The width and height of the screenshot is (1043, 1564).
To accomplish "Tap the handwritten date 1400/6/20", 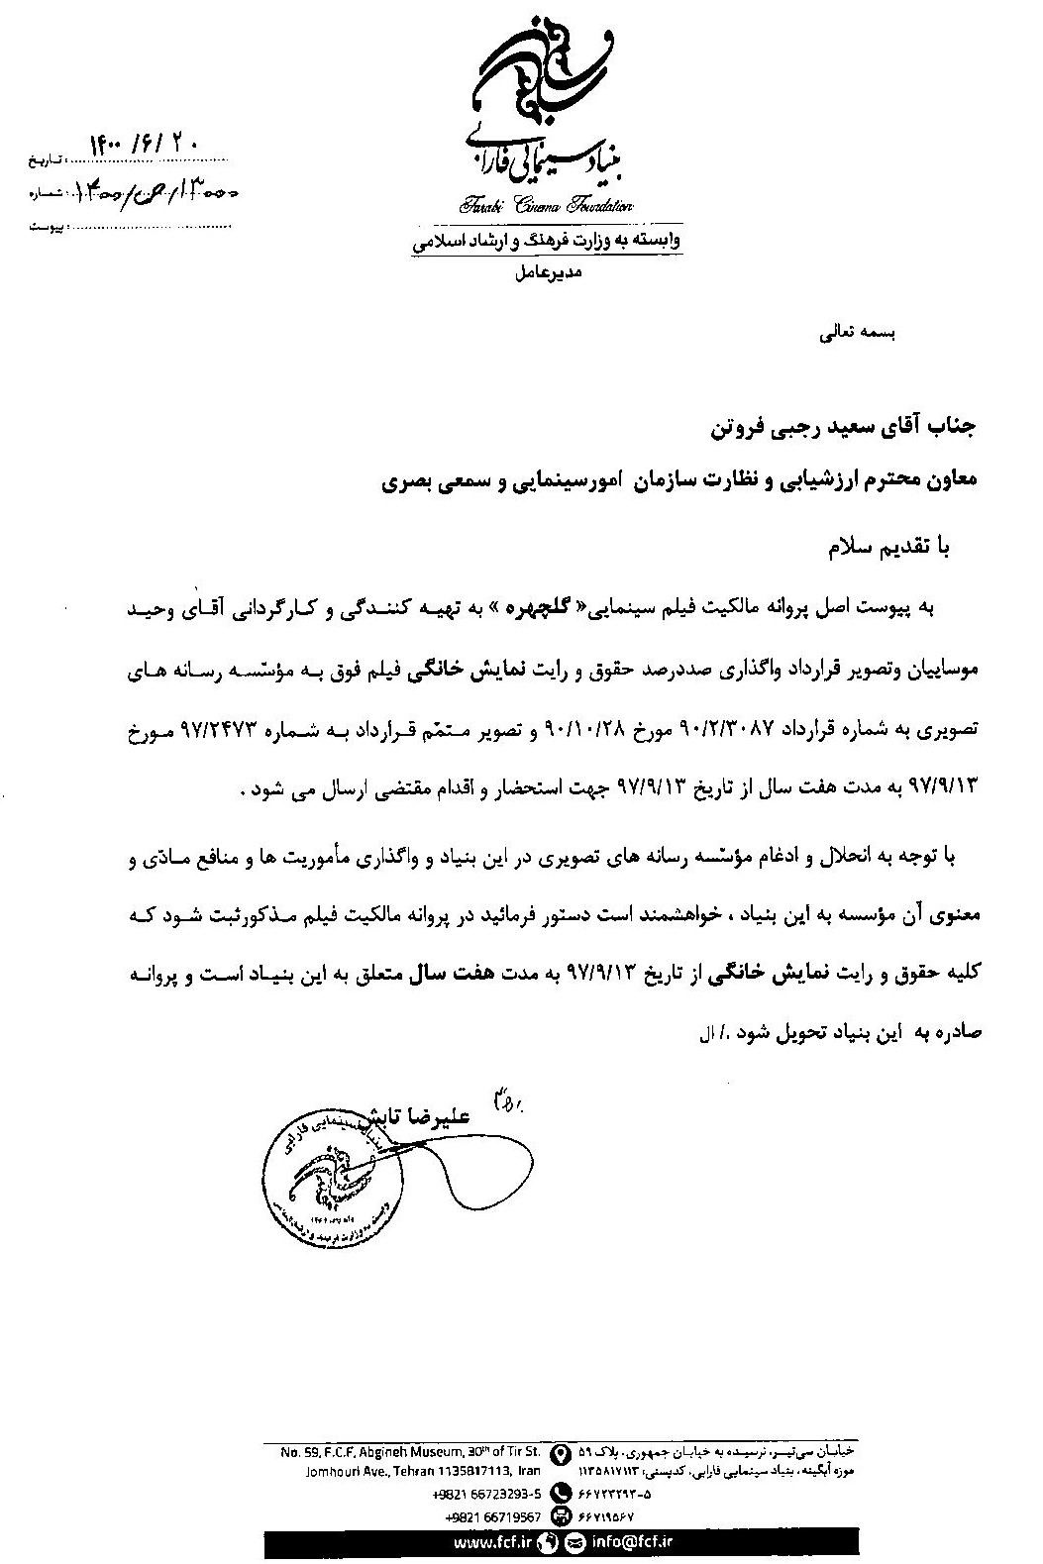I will [145, 145].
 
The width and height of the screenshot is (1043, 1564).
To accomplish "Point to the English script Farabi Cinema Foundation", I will [545, 206].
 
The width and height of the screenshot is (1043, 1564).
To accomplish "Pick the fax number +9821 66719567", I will [493, 1516].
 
